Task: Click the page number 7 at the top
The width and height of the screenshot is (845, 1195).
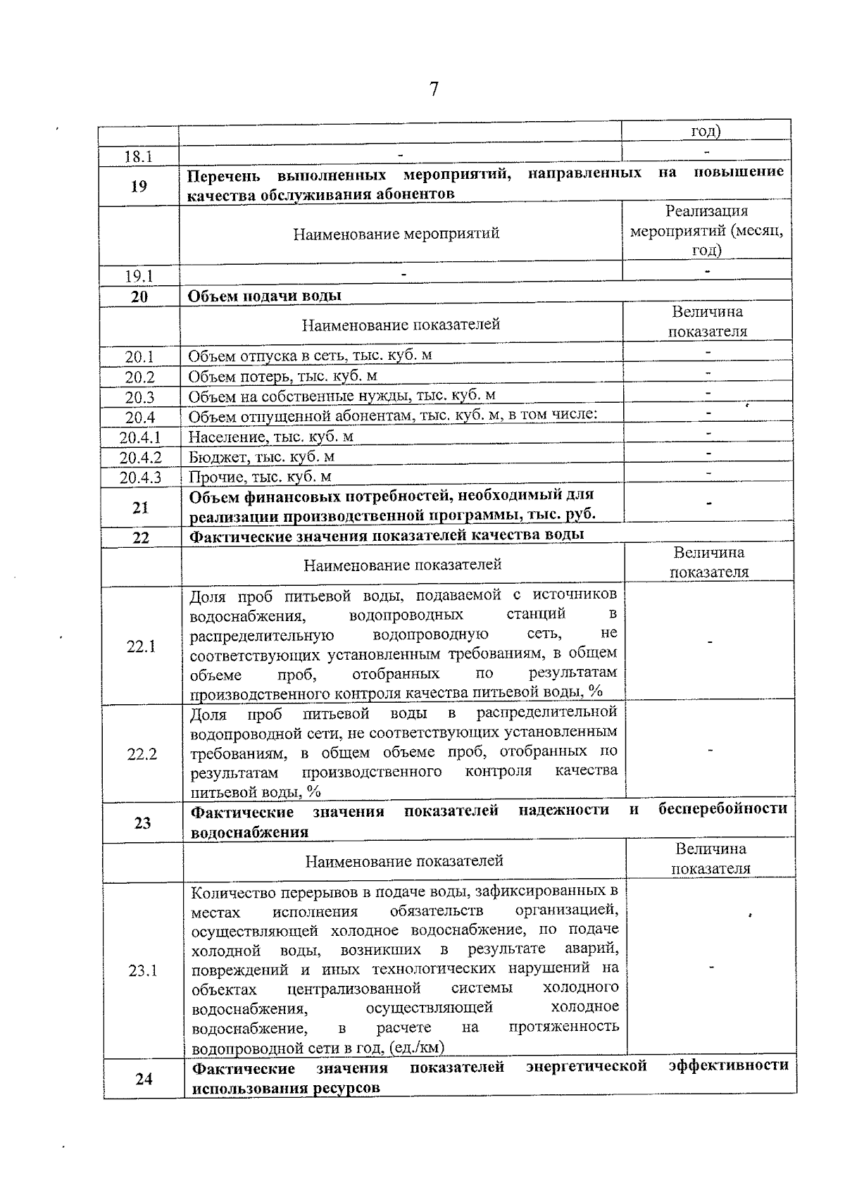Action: (434, 89)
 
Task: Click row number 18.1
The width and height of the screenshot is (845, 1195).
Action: (139, 156)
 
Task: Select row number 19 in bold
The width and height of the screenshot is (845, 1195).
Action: (139, 186)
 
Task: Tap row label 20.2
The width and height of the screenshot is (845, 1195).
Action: (139, 377)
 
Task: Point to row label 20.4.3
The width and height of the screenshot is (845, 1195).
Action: (140, 477)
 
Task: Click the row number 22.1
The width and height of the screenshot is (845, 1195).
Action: (142, 646)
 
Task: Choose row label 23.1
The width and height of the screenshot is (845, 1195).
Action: (143, 971)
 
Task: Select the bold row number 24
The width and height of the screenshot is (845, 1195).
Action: (144, 1078)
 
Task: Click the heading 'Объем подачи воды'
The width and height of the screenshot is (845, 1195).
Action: (264, 296)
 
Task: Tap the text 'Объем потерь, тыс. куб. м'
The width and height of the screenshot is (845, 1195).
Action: (282, 375)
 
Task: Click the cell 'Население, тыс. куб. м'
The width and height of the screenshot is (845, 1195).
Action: (270, 437)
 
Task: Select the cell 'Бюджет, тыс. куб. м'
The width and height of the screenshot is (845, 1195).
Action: (261, 456)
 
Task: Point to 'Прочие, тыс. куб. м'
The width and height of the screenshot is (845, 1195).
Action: (260, 477)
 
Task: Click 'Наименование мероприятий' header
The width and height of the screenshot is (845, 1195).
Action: (396, 233)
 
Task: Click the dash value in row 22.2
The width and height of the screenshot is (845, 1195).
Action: (711, 751)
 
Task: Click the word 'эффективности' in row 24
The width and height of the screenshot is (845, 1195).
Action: (728, 1065)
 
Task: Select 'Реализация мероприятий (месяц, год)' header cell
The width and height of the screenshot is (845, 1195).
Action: (706, 230)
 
